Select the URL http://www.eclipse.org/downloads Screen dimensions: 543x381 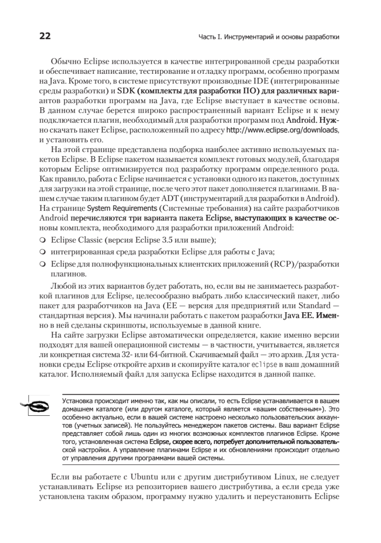coord(282,130)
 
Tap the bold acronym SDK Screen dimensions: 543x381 coord(125,91)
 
